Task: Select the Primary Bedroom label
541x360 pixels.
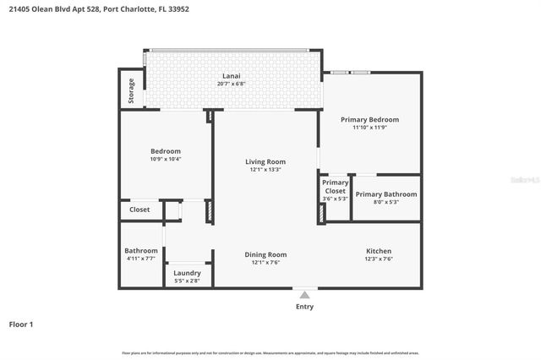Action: [369, 120]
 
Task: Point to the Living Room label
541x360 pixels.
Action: [265, 161]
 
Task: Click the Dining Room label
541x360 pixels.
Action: [265, 254]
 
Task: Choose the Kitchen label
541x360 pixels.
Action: [378, 252]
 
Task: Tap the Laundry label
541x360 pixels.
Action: [187, 272]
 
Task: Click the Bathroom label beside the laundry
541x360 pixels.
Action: [141, 251]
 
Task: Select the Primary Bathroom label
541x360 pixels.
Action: [385, 194]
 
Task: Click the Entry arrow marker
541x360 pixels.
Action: [304, 294]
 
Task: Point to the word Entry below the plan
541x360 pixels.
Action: [304, 307]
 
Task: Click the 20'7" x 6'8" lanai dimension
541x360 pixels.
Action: [231, 85]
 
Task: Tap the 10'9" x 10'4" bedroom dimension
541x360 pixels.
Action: [166, 159]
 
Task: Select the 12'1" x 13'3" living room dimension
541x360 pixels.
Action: [265, 170]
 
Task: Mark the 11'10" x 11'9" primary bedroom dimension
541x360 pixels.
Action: [369, 128]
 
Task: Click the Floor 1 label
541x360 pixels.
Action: [21, 324]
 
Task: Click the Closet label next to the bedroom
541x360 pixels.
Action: [139, 210]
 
